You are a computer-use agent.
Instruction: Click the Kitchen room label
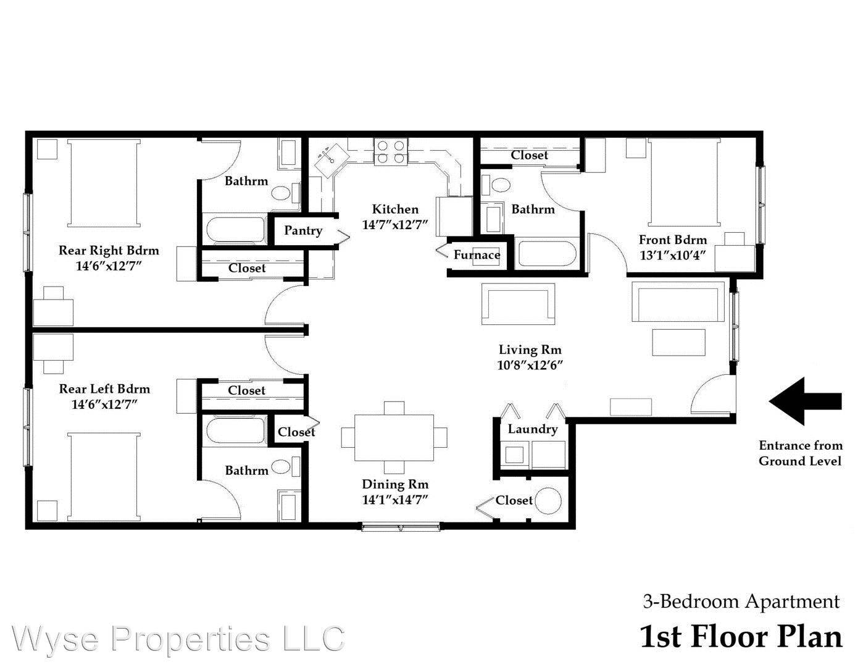click(x=395, y=209)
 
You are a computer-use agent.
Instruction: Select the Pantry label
click(x=302, y=230)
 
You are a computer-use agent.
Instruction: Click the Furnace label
click(x=477, y=254)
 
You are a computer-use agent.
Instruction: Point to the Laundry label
click(x=532, y=429)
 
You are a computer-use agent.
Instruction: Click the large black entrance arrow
click(x=805, y=401)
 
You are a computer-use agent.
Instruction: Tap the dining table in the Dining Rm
click(x=394, y=437)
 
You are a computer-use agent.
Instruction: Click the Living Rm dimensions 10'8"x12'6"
click(x=530, y=365)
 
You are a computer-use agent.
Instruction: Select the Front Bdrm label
click(x=672, y=240)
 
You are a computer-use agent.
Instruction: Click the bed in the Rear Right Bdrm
click(x=104, y=183)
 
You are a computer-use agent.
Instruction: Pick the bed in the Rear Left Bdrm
click(x=104, y=476)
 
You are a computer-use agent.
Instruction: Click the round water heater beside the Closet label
click(x=548, y=501)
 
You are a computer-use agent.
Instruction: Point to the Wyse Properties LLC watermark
click(x=178, y=638)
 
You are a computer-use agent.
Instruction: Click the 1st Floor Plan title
click(x=741, y=637)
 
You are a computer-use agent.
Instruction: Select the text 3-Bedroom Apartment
click(x=741, y=601)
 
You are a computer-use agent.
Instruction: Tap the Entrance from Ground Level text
click(x=800, y=453)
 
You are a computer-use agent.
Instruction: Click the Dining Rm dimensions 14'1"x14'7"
click(x=395, y=500)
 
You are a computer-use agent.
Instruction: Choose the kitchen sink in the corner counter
click(x=328, y=157)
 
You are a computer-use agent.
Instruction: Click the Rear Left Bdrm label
click(x=104, y=388)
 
